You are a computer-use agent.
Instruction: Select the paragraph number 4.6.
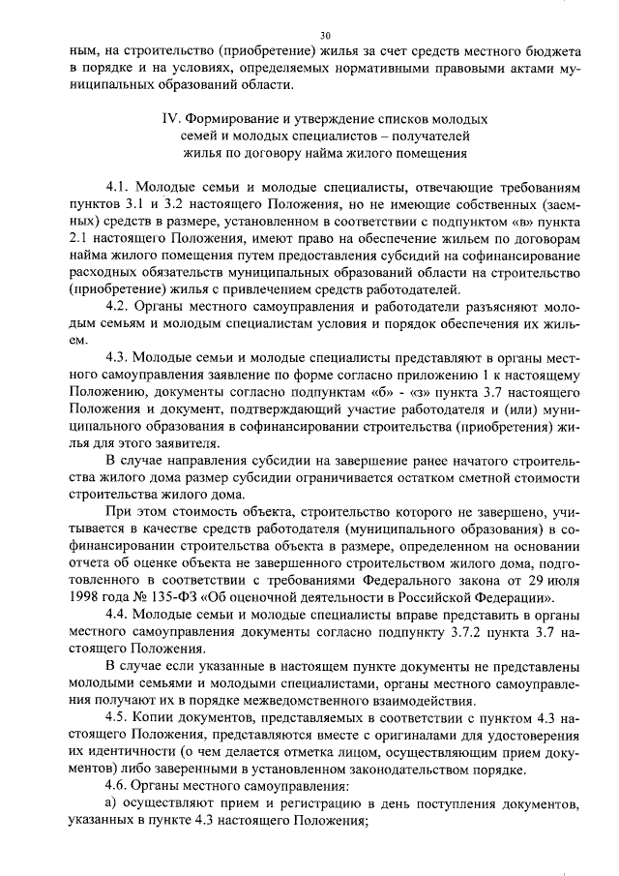[118, 787]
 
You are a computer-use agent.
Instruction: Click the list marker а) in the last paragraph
[111, 804]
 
